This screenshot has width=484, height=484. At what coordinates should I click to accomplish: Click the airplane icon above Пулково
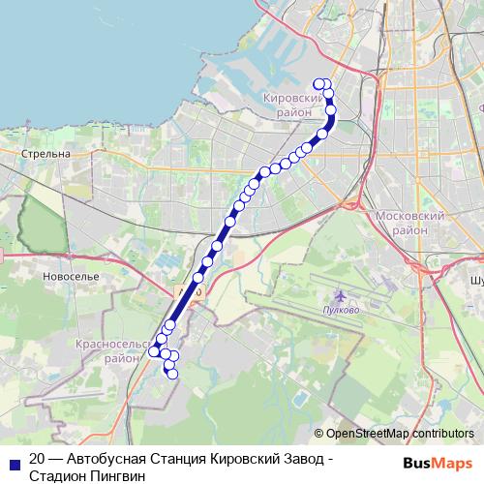(339, 294)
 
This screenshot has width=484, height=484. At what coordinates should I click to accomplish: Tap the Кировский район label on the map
(291, 106)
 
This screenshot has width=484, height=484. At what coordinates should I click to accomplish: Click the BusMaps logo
(439, 461)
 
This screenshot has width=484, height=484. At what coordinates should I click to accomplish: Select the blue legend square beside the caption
(12, 461)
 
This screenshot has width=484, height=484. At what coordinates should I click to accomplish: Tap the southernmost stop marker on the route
(173, 375)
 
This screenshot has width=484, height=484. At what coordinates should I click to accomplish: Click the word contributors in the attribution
(440, 435)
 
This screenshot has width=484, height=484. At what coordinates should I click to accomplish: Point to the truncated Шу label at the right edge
(475, 280)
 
